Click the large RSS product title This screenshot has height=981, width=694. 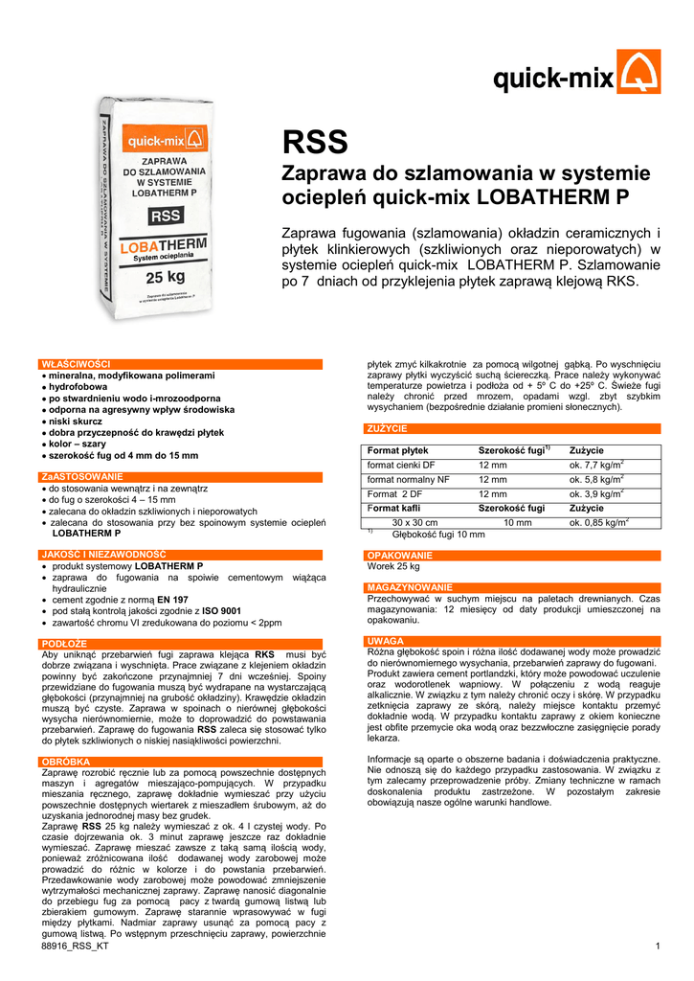(x=315, y=143)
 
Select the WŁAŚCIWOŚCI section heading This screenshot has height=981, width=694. (x=76, y=364)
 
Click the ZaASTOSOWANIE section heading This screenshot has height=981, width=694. (x=81, y=476)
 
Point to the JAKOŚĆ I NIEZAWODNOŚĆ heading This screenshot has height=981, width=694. (x=103, y=554)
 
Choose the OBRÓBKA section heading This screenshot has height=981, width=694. (x=66, y=761)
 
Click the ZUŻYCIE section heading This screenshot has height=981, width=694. (x=387, y=428)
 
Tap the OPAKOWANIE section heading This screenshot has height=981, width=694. (x=400, y=556)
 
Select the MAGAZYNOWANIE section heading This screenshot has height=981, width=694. (x=410, y=586)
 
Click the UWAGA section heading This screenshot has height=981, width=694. (x=385, y=640)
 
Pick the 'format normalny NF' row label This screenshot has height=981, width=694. (x=409, y=479)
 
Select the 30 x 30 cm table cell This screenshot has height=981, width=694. (x=415, y=522)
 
